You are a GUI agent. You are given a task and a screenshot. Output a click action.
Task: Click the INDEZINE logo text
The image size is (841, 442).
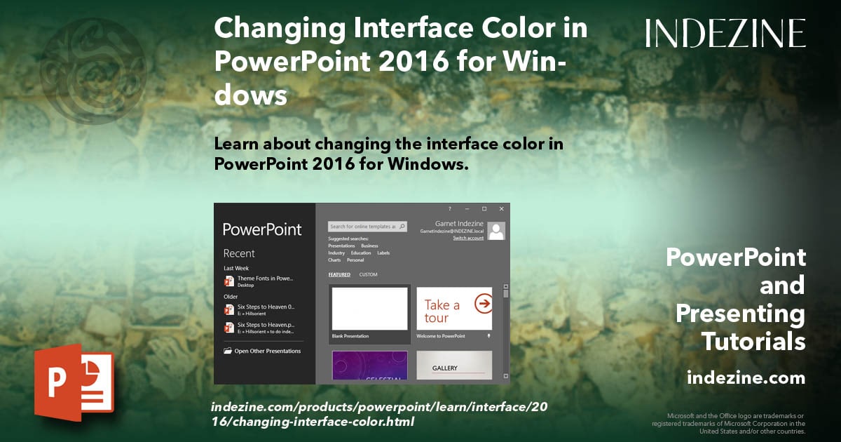pos(725,33)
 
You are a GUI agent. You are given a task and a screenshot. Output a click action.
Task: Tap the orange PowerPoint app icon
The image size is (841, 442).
pos(74,382)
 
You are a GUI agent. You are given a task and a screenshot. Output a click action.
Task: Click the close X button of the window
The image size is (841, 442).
pos(501,209)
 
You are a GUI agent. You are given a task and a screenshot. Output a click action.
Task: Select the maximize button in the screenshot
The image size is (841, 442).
pos(484,209)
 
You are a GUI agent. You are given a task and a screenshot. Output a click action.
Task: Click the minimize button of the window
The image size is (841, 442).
pos(467,209)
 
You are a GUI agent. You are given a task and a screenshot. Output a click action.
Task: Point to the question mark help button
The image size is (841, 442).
pos(450,209)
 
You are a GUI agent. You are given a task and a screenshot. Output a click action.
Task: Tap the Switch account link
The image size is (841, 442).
pos(468,239)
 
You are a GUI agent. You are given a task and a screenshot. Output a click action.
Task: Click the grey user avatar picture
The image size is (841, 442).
pos(496,231)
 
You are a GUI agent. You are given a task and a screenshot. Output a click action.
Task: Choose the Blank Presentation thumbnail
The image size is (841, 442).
pos(369,309)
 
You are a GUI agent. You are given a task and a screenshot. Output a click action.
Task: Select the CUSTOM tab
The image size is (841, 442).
pos(368,274)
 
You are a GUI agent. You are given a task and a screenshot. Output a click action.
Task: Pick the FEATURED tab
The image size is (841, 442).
pos(339,274)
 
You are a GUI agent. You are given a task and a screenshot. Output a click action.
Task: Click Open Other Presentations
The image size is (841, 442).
pos(267,351)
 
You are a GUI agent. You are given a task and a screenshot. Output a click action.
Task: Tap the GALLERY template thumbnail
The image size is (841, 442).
pos(454,366)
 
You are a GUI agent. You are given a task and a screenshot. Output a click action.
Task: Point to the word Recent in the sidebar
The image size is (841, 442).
pos(239,253)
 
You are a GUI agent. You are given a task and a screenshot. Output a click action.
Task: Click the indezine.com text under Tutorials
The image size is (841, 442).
pos(746,378)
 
